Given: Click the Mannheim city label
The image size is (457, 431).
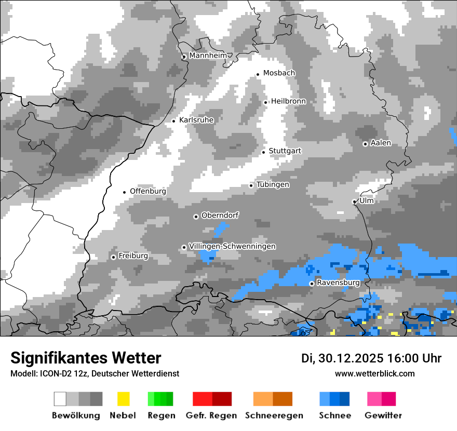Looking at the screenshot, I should click(208, 56).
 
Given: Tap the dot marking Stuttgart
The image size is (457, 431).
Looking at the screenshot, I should click(264, 152).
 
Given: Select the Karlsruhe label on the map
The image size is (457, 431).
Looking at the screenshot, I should click(196, 120).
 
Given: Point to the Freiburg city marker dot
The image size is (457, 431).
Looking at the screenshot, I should click(113, 257).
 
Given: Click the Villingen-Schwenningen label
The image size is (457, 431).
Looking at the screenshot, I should click(232, 246).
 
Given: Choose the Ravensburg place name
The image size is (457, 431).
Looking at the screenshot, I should click(338, 282).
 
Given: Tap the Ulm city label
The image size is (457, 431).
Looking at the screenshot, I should click(366, 200).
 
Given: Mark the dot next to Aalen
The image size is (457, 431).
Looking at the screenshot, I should click(365, 144).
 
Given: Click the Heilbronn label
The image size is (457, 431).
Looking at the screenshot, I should click(288, 101).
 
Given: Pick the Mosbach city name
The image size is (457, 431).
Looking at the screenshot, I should click(279, 73).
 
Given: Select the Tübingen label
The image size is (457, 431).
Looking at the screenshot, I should click(273, 184).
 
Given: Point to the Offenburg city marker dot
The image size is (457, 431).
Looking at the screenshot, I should click(125, 192).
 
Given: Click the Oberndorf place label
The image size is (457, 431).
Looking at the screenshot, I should click(220, 216).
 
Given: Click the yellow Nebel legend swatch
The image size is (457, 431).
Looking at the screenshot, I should click(124, 399).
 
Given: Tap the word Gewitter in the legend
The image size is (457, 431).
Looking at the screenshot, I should click(383, 415).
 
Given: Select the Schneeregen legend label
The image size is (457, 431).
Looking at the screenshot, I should click(274, 415).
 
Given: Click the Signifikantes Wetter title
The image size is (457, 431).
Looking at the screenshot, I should click(86, 358).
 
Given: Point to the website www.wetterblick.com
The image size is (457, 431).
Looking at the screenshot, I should click(375, 373).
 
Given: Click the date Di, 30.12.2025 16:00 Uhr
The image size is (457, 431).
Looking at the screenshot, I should click(371, 358).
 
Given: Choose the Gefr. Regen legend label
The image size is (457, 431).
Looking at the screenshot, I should click(211, 415).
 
